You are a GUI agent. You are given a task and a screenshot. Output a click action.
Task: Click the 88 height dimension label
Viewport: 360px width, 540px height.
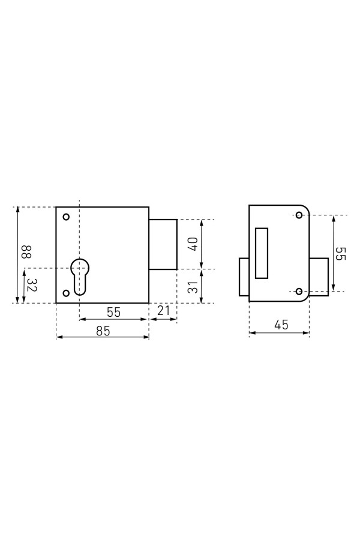pos(26,252)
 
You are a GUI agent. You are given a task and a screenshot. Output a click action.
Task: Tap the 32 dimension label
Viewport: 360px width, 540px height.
pos(32,284)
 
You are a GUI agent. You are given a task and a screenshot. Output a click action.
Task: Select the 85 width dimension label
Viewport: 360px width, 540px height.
pos(103,331)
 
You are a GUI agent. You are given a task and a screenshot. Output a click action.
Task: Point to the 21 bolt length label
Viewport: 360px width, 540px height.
pos(163,311)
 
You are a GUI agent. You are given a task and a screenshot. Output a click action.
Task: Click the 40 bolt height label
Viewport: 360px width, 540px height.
pos(193,244)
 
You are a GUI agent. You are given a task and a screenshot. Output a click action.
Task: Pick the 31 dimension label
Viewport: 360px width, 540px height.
pos(194,287)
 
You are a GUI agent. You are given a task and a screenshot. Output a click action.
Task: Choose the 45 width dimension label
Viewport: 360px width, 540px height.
pos(281,325)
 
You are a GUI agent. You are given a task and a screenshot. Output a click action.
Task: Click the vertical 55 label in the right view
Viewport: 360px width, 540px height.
pos(341,253)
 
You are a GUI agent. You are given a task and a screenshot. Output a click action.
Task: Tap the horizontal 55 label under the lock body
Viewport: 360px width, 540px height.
pos(113,312)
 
